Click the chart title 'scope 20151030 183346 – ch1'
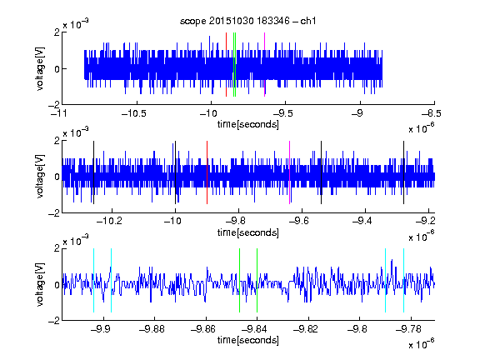248,21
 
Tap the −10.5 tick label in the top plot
134,114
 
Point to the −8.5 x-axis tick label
431,114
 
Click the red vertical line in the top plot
226,65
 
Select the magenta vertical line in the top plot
264,65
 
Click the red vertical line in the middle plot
207,172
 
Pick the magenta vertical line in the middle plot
290,172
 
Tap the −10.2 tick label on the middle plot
109,221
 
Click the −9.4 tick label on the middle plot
362,221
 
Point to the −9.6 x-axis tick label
299,221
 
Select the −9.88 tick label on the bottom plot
152,329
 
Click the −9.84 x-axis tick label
254,329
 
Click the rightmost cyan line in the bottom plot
404,280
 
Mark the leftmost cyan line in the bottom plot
93,280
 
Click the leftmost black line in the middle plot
93,172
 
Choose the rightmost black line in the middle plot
404,172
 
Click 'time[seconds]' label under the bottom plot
248,340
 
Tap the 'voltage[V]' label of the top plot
40,68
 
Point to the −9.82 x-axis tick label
306,329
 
